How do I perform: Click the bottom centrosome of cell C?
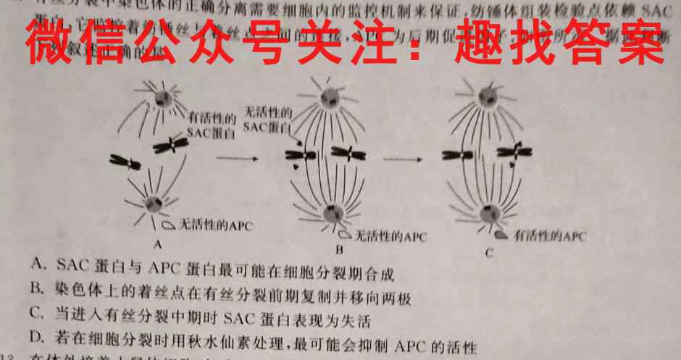pos(490,214)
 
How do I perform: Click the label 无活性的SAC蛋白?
pos(268,119)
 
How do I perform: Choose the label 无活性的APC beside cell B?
pos(391,236)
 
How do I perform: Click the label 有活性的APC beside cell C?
pos(549,236)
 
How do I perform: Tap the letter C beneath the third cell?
pos(490,253)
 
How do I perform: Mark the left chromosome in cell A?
pos(125,162)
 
